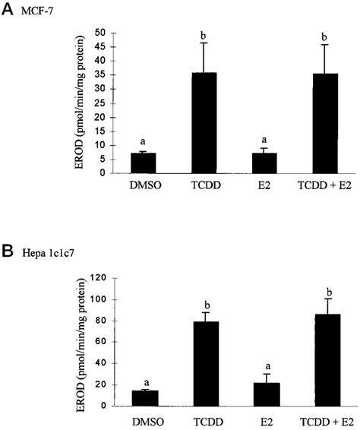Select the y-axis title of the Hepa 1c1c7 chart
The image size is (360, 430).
tap(81, 338)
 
